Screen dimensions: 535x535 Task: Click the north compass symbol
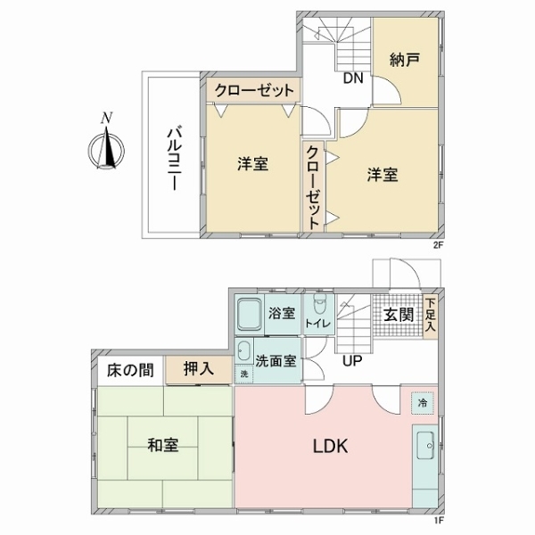(x=106, y=147)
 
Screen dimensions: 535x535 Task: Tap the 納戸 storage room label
(x=404, y=61)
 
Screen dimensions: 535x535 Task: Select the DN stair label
(x=353, y=78)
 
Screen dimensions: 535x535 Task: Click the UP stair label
(x=352, y=360)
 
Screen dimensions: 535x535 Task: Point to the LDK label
(x=331, y=446)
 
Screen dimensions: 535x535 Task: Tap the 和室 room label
(x=163, y=445)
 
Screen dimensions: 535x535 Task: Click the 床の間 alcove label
(x=130, y=370)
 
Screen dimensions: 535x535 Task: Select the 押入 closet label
(x=199, y=368)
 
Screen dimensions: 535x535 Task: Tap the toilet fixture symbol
(x=320, y=304)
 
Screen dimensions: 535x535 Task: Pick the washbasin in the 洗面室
(x=244, y=351)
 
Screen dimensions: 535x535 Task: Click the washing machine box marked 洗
(x=244, y=374)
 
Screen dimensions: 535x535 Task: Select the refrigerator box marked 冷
(x=423, y=403)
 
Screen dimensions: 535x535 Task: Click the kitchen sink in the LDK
(x=425, y=446)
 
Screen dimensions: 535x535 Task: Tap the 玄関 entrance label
(x=399, y=315)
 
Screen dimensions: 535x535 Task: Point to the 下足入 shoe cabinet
(x=431, y=317)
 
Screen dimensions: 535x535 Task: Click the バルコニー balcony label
(x=174, y=159)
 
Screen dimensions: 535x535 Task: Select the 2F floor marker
(x=438, y=245)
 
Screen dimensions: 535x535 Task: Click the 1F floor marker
(x=438, y=521)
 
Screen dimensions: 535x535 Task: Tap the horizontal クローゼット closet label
(x=254, y=91)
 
